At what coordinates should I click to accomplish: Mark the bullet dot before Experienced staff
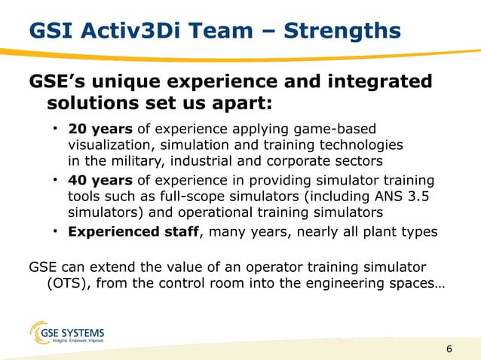[56, 231]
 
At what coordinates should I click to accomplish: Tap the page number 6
[450, 349]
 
